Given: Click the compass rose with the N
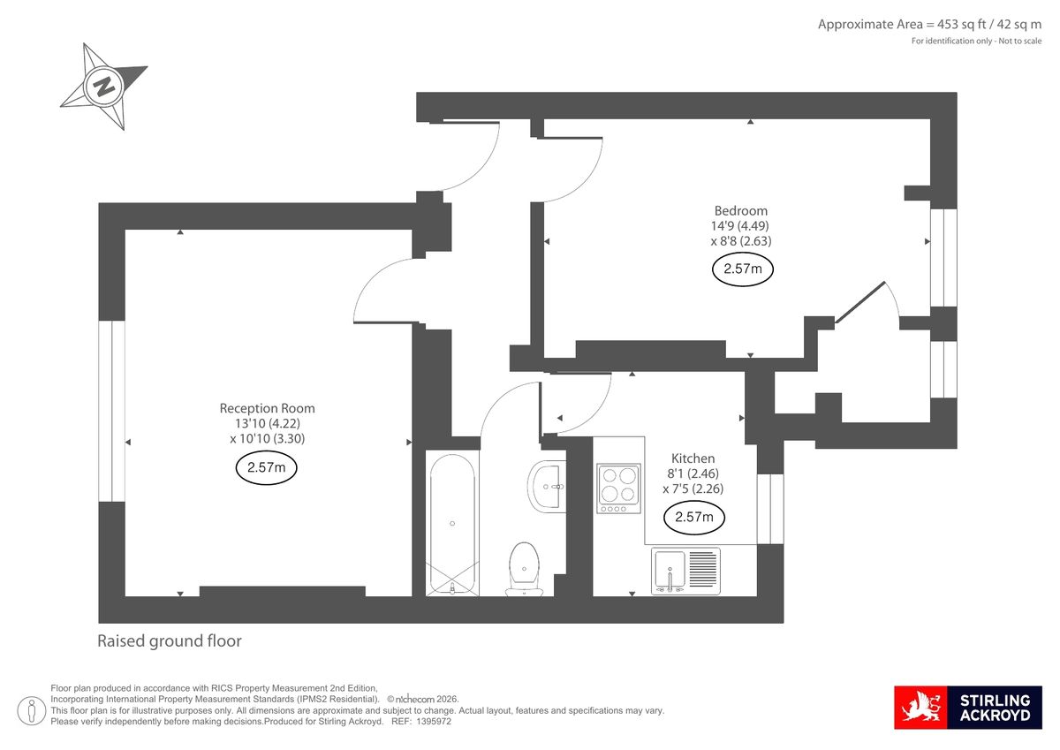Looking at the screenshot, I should (103, 87).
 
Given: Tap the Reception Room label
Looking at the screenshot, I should (267, 408).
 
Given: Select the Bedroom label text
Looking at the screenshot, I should (740, 210).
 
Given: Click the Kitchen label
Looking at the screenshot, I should (693, 458).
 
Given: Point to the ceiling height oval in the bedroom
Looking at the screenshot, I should (742, 269).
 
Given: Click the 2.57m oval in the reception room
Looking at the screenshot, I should (266, 468).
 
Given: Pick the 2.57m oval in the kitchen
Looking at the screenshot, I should (693, 517).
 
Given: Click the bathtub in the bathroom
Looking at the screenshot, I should (451, 523).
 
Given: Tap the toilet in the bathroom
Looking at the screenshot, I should (524, 568).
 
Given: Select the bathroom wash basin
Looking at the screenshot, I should (547, 486).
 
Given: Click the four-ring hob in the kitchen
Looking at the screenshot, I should (617, 488).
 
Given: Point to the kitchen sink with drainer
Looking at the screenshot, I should (686, 570).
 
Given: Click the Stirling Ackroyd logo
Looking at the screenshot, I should (968, 708).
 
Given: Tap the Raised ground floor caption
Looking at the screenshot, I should (169, 641).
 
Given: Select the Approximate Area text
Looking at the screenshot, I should (929, 25).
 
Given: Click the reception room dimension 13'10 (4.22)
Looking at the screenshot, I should (267, 423).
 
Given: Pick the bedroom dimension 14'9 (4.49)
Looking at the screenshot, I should (740, 225).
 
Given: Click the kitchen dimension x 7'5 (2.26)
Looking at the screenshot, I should (693, 489).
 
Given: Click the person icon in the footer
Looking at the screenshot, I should (33, 708).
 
